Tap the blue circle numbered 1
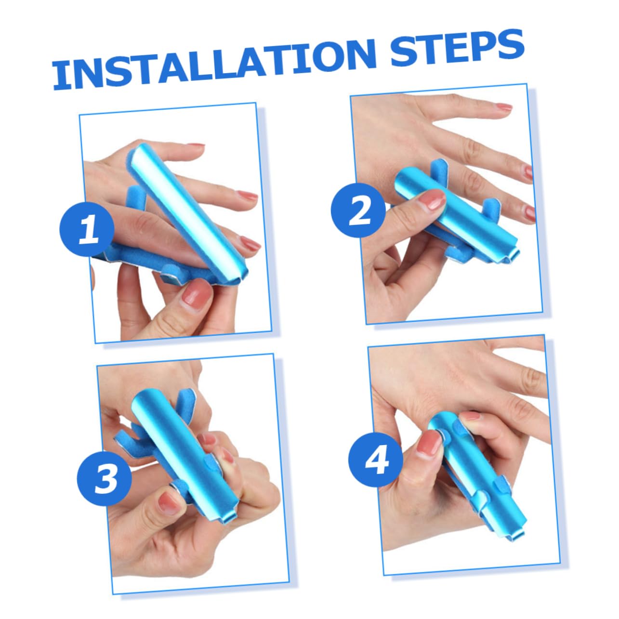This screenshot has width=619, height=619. (87, 229)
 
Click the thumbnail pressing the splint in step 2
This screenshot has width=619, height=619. (430, 198)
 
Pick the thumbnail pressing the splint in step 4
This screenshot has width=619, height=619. (428, 443)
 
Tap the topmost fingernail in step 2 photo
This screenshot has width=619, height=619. (503, 107)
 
